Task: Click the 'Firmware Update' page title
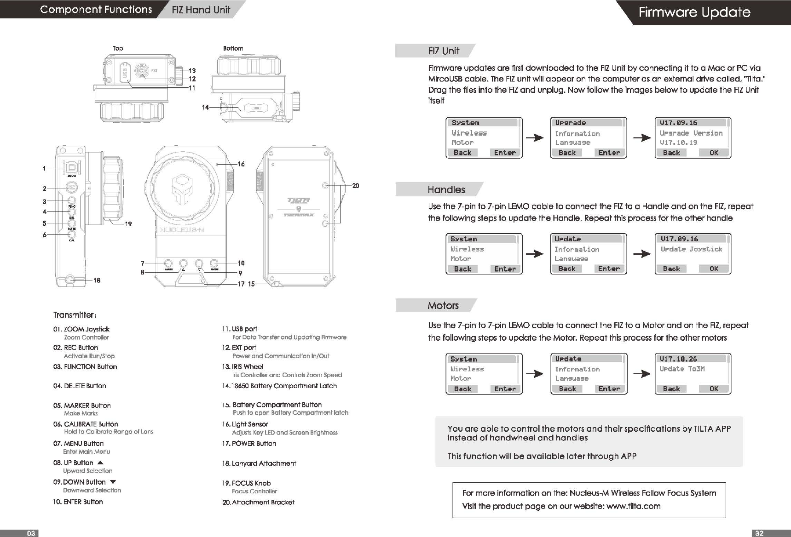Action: [x=694, y=12]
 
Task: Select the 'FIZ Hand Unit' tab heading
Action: [x=201, y=10]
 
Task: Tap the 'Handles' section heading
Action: [x=446, y=189]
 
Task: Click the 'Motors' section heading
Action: [x=443, y=305]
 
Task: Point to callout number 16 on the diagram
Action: [x=241, y=164]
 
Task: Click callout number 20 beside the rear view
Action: [x=355, y=186]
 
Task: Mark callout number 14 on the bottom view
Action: [x=205, y=107]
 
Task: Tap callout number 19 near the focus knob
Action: [x=128, y=224]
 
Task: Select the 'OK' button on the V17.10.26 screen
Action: [x=714, y=389]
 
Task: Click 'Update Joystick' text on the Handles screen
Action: [x=691, y=249]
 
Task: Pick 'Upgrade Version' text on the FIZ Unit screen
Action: [x=691, y=133]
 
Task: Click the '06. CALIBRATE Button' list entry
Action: [x=86, y=424]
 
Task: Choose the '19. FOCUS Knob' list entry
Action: [x=246, y=483]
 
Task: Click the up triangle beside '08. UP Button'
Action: [x=100, y=463]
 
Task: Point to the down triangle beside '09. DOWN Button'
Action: [x=113, y=482]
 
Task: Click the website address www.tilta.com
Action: [x=634, y=506]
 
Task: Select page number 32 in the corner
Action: [x=759, y=533]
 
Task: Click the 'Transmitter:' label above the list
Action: [x=75, y=315]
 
